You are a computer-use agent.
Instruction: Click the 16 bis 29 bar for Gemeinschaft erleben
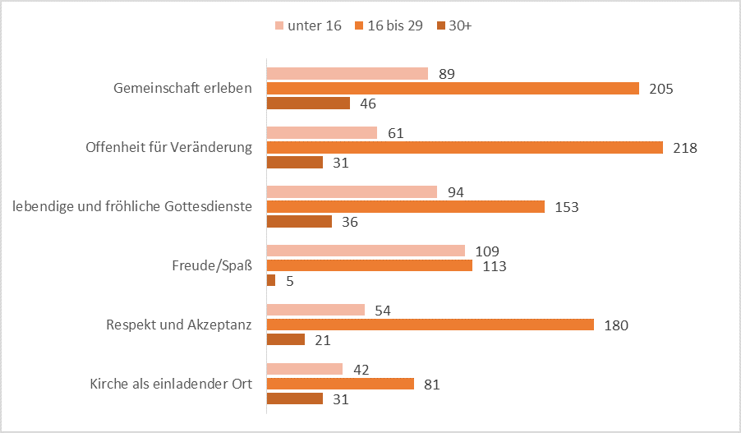click(x=453, y=89)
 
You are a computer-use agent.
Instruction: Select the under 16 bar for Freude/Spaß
click(x=366, y=251)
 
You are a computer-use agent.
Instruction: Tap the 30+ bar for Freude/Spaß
click(x=271, y=280)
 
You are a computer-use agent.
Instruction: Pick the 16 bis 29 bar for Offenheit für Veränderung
click(x=464, y=148)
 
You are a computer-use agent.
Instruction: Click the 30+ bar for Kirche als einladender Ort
click(x=295, y=398)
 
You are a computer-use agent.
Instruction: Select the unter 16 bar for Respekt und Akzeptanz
click(x=315, y=310)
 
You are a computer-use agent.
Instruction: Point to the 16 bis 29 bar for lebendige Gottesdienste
click(x=406, y=207)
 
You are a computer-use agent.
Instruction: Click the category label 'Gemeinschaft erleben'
click(x=182, y=89)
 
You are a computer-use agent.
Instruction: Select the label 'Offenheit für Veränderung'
click(x=168, y=148)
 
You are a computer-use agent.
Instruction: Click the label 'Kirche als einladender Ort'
click(x=171, y=384)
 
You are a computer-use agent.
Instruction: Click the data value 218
click(x=684, y=148)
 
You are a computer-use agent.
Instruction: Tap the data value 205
click(x=660, y=89)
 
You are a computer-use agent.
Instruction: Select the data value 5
click(x=289, y=281)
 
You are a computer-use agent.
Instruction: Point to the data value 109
click(x=487, y=251)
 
